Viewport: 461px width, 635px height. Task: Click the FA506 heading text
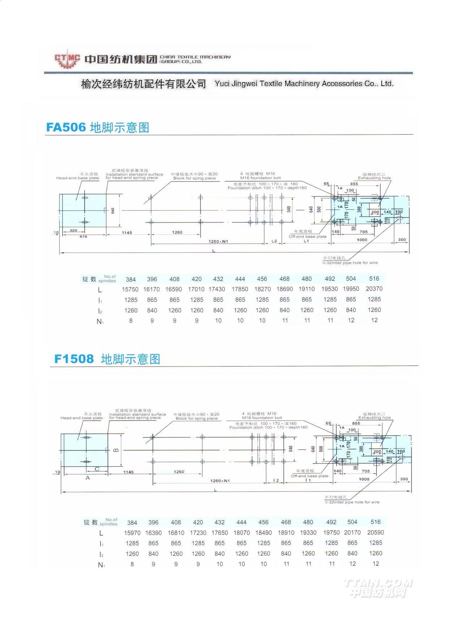(x=66, y=127)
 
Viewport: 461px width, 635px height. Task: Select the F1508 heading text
(x=74, y=359)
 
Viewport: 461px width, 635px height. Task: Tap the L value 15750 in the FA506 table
(x=130, y=289)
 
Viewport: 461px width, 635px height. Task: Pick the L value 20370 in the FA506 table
(x=374, y=289)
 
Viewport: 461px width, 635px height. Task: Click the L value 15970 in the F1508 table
(x=132, y=533)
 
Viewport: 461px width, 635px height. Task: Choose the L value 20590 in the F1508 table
(x=375, y=532)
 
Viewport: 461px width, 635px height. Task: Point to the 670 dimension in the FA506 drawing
(x=83, y=237)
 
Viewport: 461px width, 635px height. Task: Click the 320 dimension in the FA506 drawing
(x=73, y=230)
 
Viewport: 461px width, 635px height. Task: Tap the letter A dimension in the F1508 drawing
(x=87, y=478)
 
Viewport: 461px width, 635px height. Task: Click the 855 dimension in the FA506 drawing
(x=354, y=184)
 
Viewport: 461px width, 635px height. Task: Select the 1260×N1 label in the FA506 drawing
(x=218, y=241)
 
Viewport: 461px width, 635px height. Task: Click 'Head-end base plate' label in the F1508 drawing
(x=82, y=418)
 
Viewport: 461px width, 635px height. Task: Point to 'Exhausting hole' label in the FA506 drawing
(x=374, y=178)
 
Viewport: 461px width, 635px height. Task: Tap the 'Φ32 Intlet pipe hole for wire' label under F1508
(x=352, y=502)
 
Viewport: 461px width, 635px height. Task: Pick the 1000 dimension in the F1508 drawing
(x=364, y=479)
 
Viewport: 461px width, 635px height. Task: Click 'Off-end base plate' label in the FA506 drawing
(x=307, y=237)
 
